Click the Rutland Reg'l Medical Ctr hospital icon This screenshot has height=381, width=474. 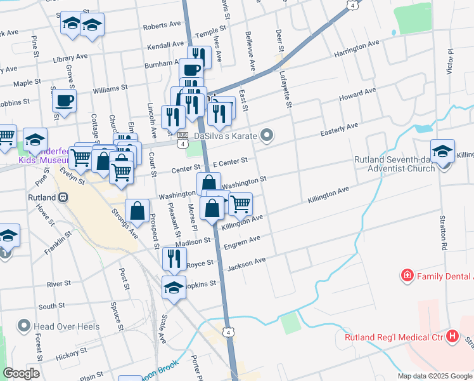(x=452, y=337)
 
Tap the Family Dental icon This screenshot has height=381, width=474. (x=407, y=276)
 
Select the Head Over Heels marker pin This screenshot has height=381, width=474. (x=24, y=326)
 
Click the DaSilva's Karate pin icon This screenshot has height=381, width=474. (x=267, y=135)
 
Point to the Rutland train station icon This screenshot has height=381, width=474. (x=63, y=197)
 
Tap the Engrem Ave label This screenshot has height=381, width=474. (x=246, y=241)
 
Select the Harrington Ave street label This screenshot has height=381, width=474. (x=356, y=48)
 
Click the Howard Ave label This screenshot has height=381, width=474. (x=357, y=95)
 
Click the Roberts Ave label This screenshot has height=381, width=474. (x=162, y=25)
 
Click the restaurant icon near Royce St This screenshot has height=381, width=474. (x=171, y=257)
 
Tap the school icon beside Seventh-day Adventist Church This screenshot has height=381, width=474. (x=442, y=150)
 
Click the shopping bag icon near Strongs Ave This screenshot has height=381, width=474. (x=138, y=211)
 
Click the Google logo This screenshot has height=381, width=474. (x=22, y=373)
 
